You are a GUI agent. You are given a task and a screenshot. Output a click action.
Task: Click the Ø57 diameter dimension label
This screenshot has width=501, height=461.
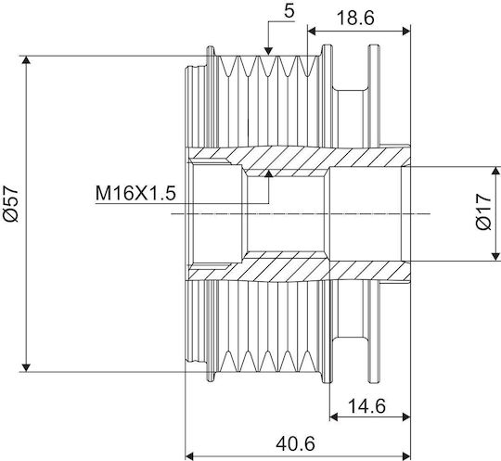coord(10,203)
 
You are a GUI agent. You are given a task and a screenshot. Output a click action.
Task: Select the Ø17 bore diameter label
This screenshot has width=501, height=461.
coord(482,211)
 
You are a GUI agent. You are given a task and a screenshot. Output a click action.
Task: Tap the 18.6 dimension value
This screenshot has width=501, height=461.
coord(355,18)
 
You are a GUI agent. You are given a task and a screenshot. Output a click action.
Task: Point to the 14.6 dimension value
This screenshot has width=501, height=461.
coord(366,406)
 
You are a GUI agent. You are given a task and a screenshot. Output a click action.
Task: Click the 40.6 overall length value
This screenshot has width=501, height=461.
coord(296,443)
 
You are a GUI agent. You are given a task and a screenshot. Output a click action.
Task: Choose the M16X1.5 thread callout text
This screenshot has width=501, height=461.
coord(135,193)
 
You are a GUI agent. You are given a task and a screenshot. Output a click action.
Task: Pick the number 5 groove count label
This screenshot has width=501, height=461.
coord(289,12)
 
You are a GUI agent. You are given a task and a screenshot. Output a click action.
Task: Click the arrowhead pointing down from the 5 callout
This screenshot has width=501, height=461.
coord(269,51)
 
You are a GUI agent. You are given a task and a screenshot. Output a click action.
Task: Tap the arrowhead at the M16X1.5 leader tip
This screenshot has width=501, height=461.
coord(269,173)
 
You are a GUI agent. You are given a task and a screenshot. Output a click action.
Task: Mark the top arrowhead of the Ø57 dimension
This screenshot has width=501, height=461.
coord(27,59)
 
